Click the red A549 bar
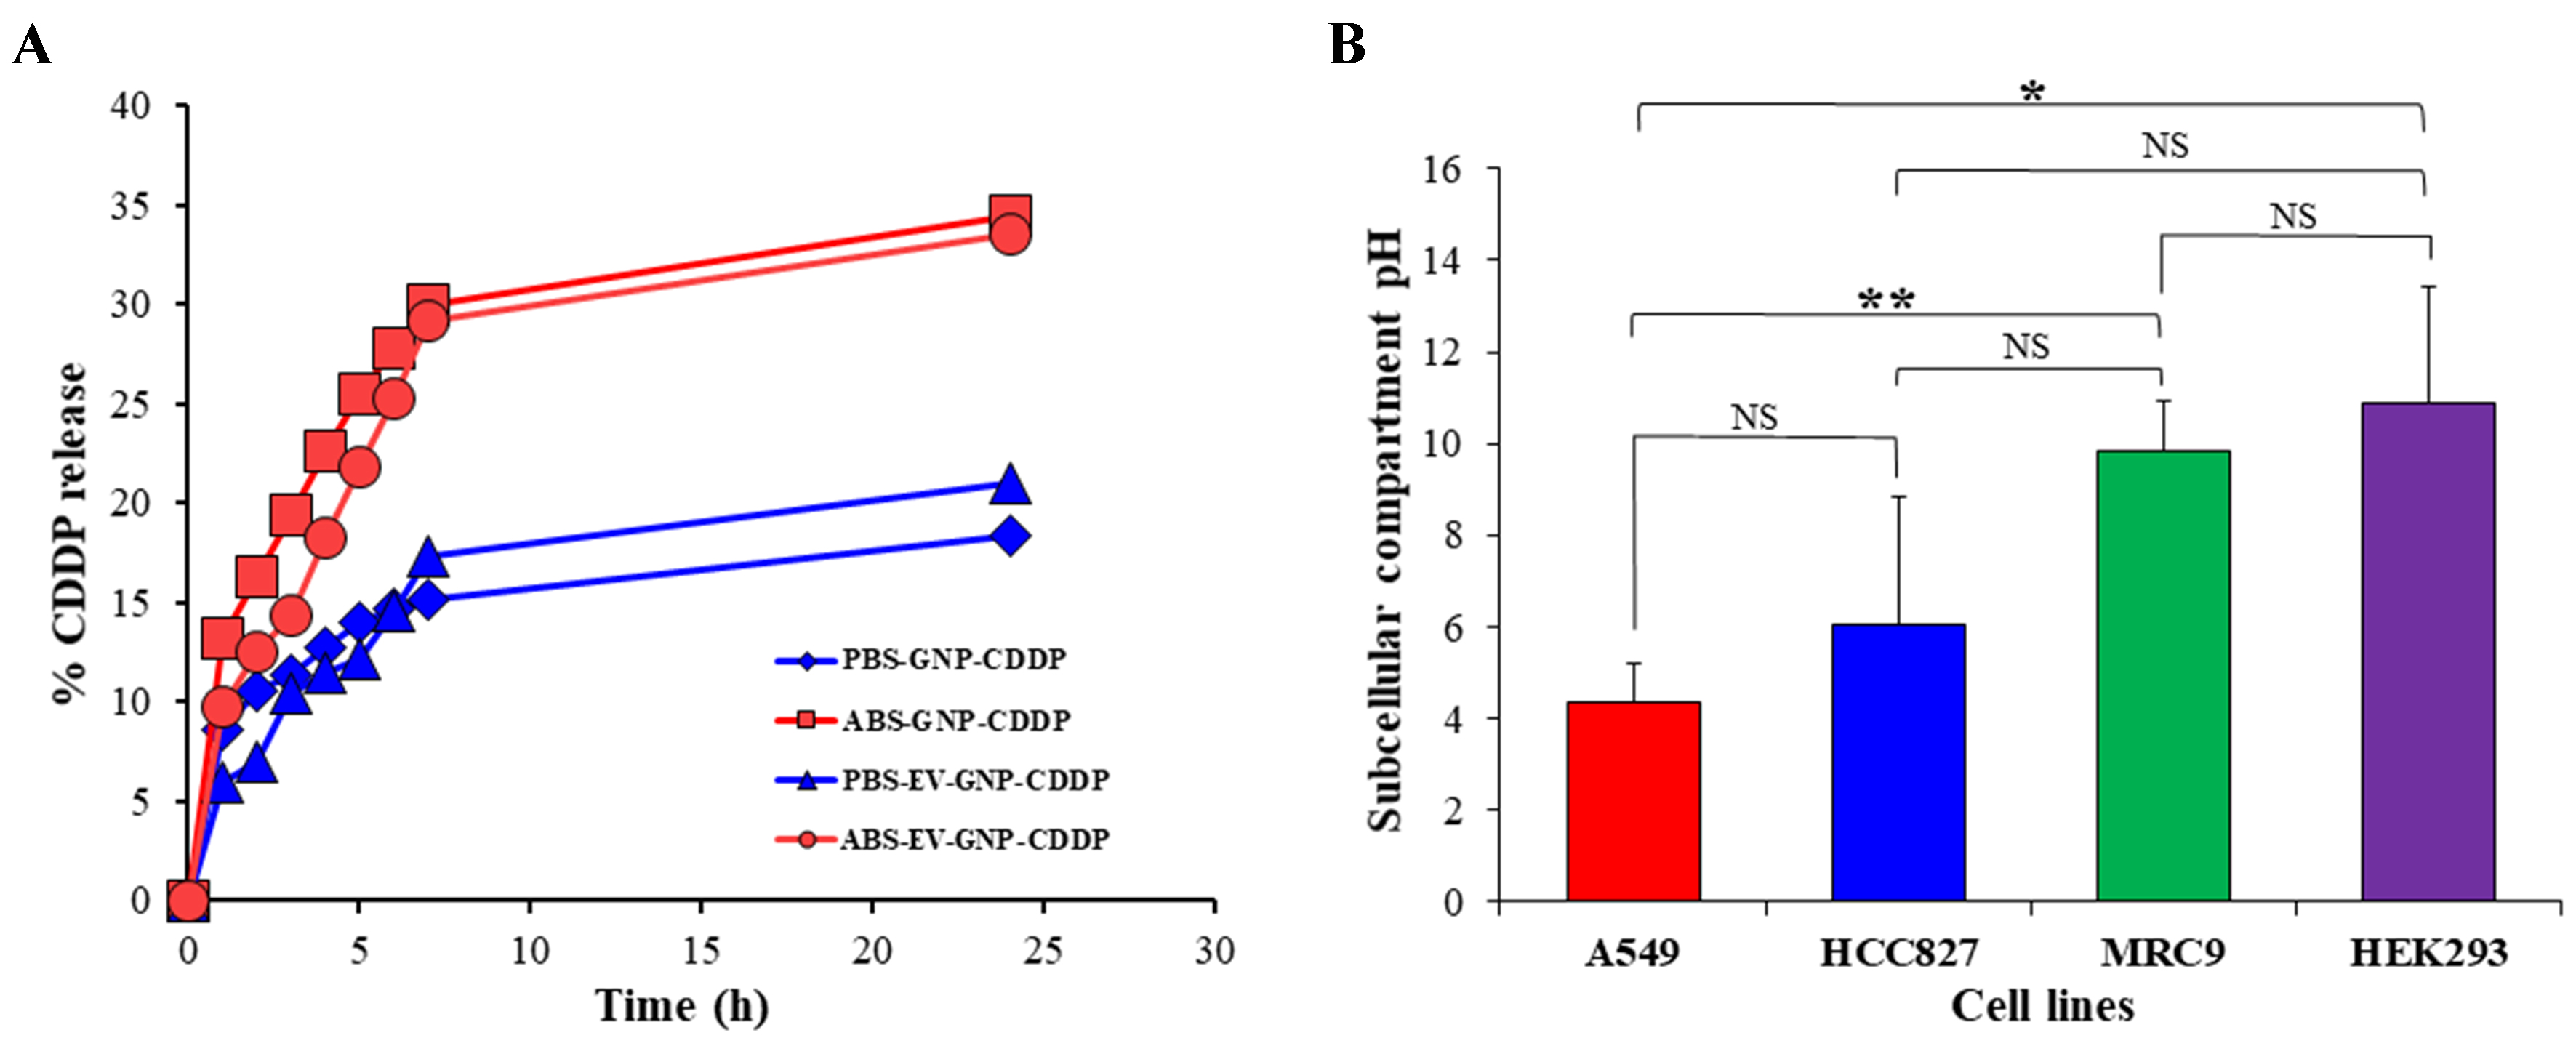point(1633,801)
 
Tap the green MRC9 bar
point(2163,676)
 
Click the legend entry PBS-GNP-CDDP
point(953,660)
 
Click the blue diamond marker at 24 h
point(1010,536)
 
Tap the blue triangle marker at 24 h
point(1010,484)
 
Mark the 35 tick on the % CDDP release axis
point(130,205)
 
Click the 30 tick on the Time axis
point(1214,950)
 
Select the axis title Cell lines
point(2042,1006)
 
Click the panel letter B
point(1347,45)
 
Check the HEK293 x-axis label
point(2428,953)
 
